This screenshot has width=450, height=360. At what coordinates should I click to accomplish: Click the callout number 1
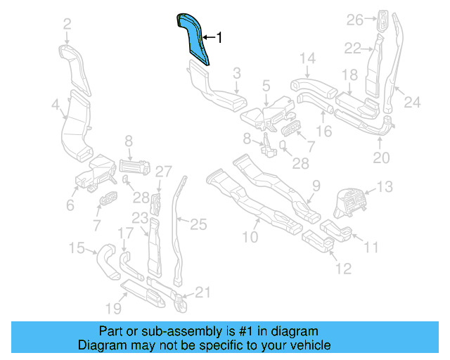click(x=219, y=38)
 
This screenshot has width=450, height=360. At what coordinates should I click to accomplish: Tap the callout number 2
click(x=67, y=25)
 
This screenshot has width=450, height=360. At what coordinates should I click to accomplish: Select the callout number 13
click(x=385, y=186)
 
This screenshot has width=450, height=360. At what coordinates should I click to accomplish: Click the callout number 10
click(x=251, y=238)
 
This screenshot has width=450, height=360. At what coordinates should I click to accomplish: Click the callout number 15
click(x=77, y=247)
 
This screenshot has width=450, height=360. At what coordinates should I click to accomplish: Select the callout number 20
click(x=380, y=158)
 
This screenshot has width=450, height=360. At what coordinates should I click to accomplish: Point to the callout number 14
click(x=308, y=58)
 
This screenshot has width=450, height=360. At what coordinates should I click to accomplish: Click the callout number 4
click(x=55, y=105)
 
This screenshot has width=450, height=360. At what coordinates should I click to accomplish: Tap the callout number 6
click(x=70, y=205)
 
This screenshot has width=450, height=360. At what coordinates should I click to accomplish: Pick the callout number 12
click(x=342, y=268)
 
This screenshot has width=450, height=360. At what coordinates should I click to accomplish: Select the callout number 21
click(x=202, y=292)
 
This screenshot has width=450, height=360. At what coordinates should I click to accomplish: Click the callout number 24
click(x=412, y=103)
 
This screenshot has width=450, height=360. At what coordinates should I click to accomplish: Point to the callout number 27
click(x=163, y=171)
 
